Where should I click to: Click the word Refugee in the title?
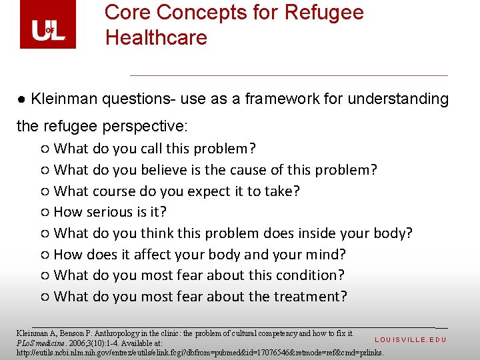click(x=325, y=13)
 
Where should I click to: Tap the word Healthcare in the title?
click(x=156, y=37)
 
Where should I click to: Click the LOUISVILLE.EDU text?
click(x=410, y=340)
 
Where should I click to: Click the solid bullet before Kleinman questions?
click(x=22, y=100)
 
